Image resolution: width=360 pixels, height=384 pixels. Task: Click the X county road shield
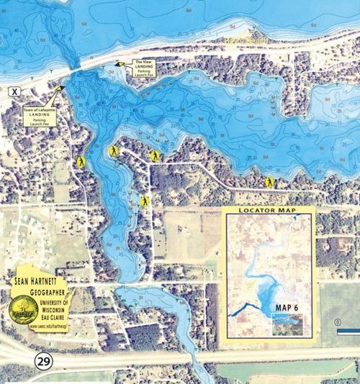click(14, 91)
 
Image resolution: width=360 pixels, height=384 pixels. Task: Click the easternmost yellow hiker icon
click(269, 182)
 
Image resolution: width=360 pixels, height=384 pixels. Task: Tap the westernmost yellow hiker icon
click(82, 163)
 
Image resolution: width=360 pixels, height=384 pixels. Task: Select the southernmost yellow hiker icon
click(145, 201)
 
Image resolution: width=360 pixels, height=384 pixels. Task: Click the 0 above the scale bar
click(338, 321)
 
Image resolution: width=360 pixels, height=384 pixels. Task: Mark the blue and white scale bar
click(348, 332)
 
